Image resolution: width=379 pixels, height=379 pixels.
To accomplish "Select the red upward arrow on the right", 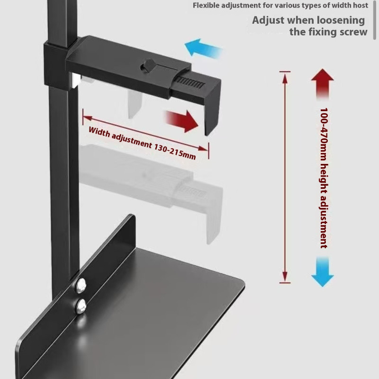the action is (323, 83).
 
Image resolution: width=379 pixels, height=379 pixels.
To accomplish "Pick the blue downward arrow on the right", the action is (323, 272).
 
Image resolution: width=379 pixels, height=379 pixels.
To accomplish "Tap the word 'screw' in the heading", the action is (353, 32).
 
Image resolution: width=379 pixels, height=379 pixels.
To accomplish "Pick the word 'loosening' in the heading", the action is (341, 20).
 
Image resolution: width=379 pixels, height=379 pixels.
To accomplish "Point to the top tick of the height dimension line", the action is (285, 72).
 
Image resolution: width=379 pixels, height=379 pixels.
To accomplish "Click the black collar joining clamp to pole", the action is (56, 64).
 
